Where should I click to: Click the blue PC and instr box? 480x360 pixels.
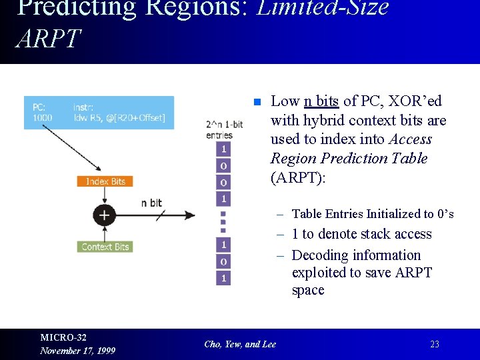[x=99, y=113]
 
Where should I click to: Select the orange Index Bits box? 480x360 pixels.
[x=105, y=181]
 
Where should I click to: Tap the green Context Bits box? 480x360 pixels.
[x=105, y=247]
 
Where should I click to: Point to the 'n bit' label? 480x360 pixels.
[x=152, y=203]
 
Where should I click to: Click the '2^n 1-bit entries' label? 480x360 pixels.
[x=224, y=129]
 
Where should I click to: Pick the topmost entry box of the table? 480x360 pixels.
[x=223, y=149]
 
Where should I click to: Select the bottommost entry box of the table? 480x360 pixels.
[x=223, y=277]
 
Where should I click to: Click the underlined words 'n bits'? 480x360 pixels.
[x=321, y=101]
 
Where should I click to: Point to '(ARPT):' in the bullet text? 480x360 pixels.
[x=297, y=178]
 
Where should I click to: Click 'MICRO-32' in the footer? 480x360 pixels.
[x=63, y=337]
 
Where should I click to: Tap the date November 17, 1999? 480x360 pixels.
[x=77, y=351]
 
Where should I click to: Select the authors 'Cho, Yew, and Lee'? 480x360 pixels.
[x=240, y=344]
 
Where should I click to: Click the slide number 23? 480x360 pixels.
[x=435, y=344]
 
